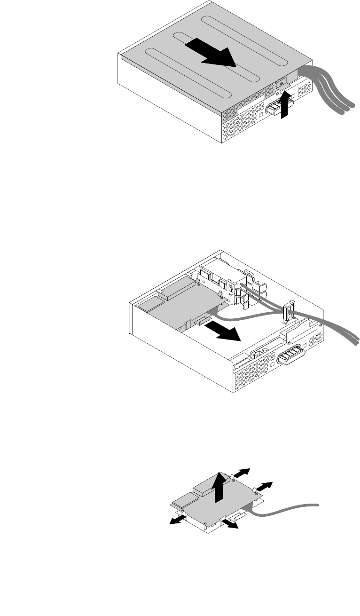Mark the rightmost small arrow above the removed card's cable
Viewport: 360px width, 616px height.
264,486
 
